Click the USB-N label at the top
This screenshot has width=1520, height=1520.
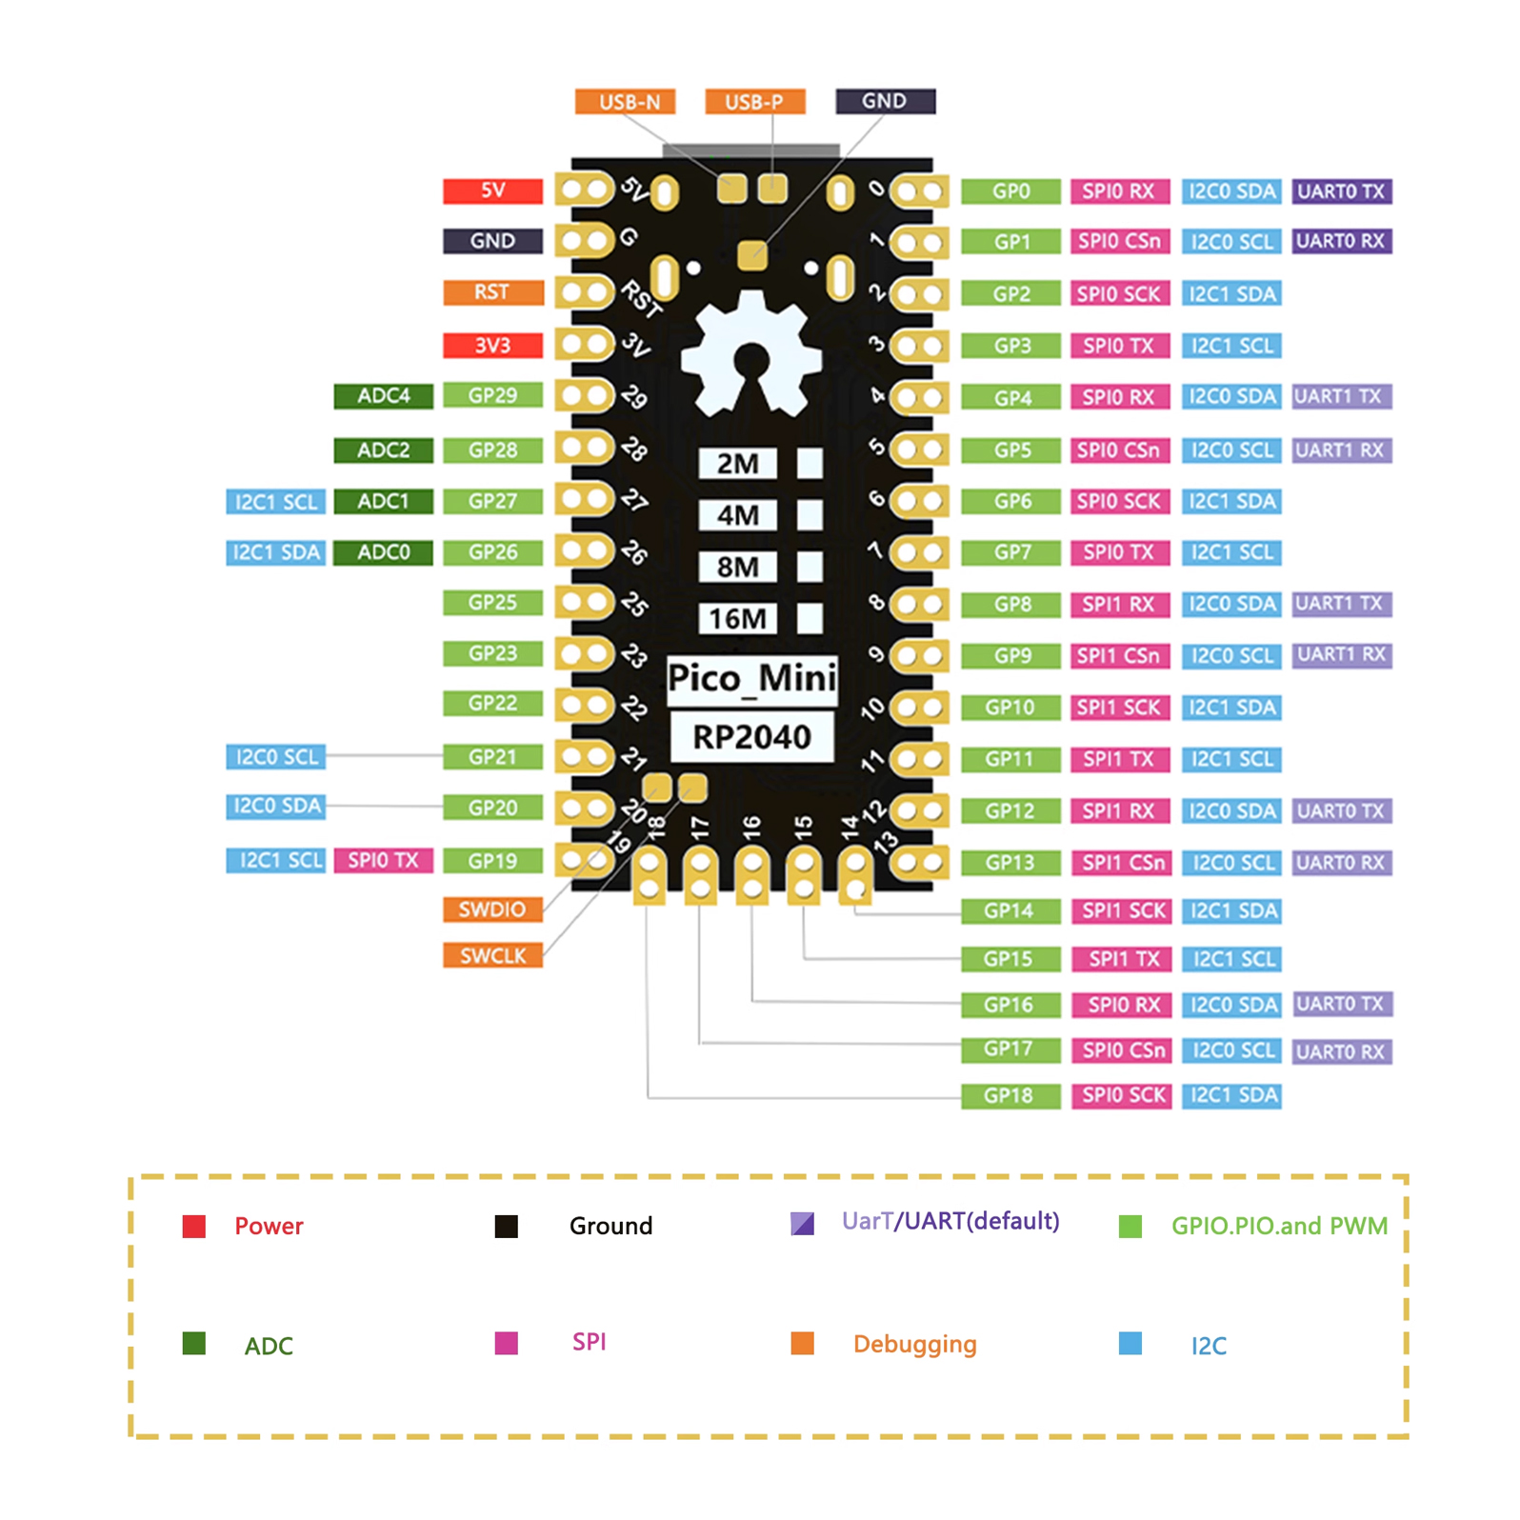tap(625, 102)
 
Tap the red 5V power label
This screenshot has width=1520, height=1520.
tap(492, 190)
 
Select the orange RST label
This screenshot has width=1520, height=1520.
tap(492, 292)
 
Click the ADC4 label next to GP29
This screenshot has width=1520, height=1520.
tap(383, 396)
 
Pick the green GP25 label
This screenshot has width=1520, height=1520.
tap(492, 603)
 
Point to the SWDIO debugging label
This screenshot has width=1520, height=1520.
tap(492, 910)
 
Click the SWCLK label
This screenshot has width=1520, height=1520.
tap(492, 956)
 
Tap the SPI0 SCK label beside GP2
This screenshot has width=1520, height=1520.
tap(1119, 294)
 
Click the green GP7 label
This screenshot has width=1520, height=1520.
tap(1010, 552)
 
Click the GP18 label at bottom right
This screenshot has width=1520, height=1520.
tap(1010, 1096)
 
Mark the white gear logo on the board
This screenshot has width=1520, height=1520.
tap(751, 356)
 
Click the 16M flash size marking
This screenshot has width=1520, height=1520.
tap(737, 619)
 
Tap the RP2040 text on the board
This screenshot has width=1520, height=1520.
tap(751, 737)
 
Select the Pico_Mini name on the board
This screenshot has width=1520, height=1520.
tap(751, 679)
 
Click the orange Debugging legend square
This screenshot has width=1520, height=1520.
tap(802, 1344)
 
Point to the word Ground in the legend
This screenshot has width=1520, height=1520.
tap(610, 1226)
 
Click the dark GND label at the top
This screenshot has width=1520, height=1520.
tap(885, 101)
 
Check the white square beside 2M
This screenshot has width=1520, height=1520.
tap(810, 464)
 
